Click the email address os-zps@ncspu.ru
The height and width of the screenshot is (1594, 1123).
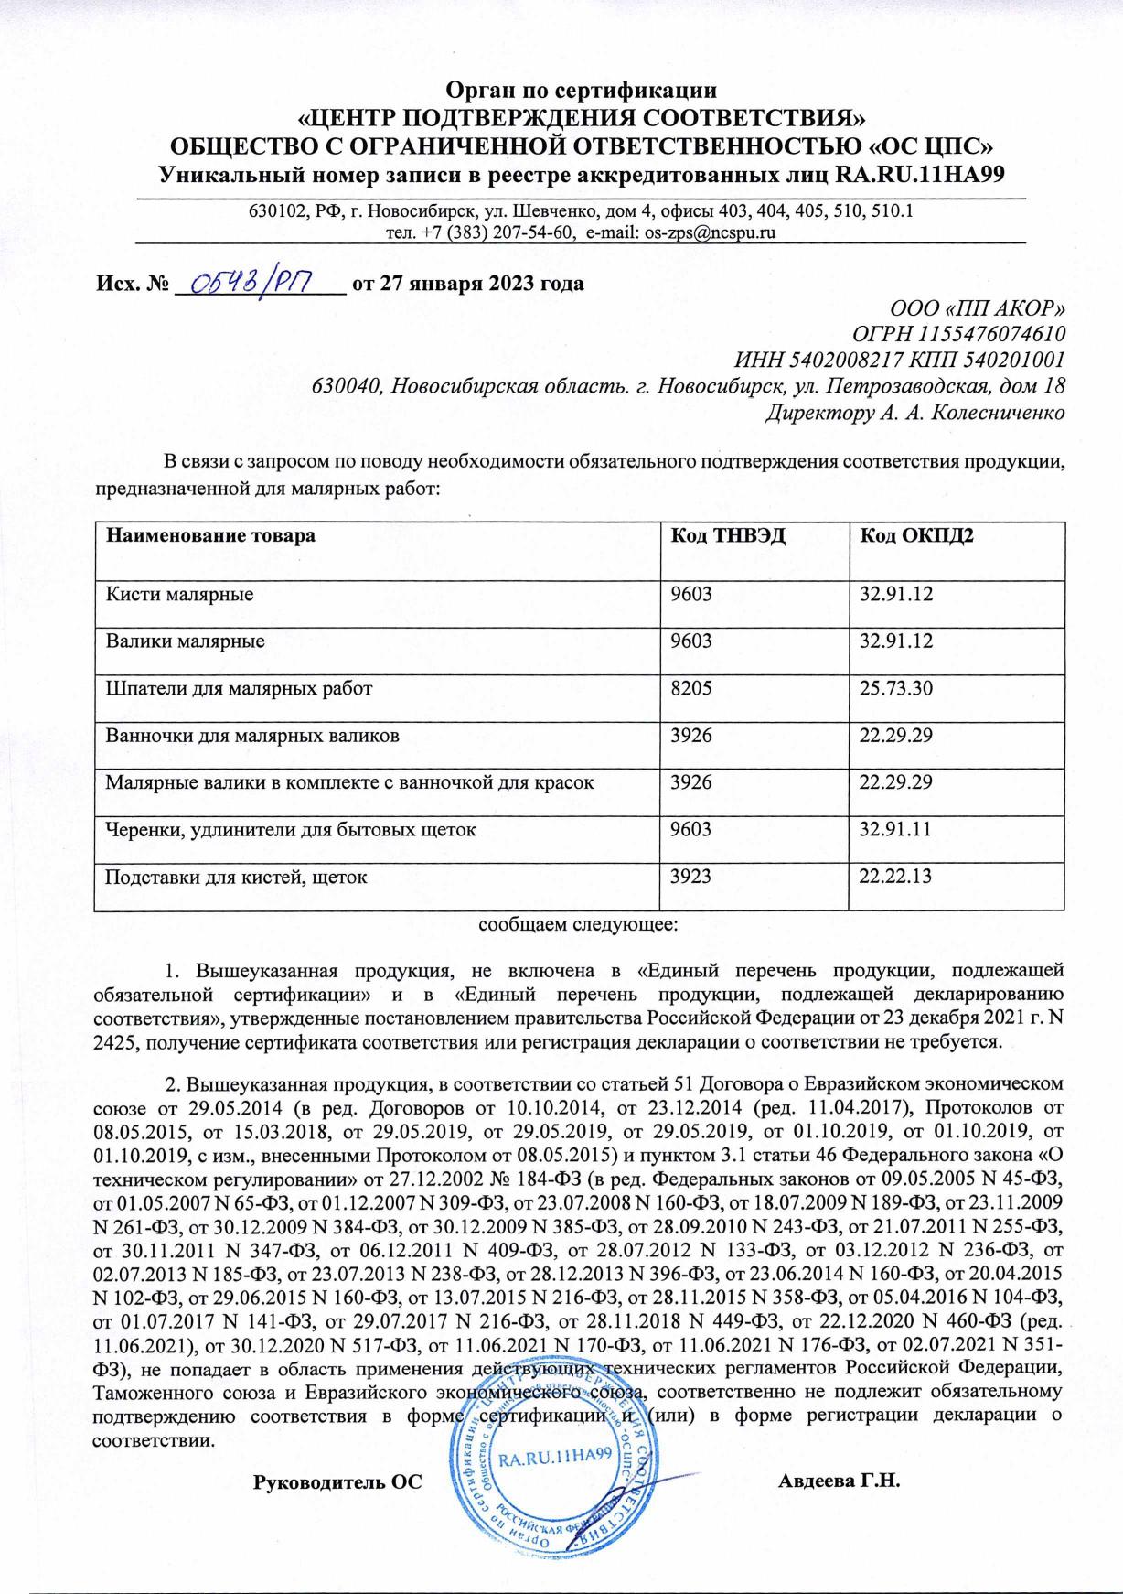(710, 232)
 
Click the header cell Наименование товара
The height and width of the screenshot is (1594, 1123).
(211, 535)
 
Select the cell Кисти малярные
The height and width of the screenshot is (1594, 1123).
(179, 595)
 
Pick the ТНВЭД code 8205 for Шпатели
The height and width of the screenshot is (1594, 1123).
(691, 688)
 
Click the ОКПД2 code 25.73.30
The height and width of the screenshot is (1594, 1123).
(896, 688)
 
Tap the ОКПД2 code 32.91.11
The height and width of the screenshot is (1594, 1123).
(896, 830)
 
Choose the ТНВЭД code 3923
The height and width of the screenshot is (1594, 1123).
(691, 877)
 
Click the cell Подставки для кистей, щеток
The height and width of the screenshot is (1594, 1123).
(237, 877)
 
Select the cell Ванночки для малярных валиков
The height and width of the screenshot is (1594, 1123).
(252, 735)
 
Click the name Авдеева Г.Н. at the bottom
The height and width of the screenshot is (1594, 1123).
(840, 1481)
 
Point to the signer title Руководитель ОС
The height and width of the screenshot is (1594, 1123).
(337, 1481)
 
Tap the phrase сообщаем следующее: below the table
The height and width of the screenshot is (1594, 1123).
(579, 924)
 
